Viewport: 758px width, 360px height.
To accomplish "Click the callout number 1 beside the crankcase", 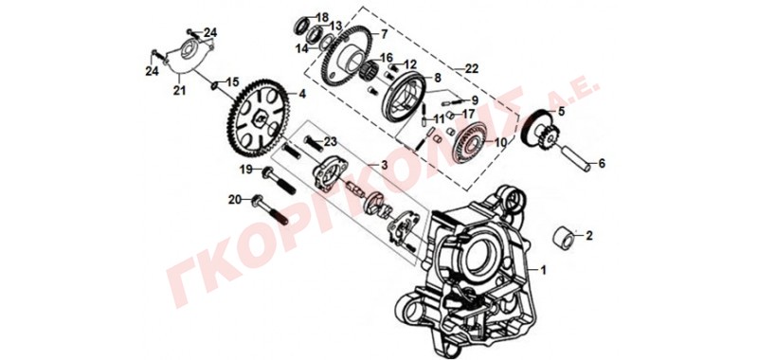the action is (543, 270).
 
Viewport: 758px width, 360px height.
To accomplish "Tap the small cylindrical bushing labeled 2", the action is (564, 237).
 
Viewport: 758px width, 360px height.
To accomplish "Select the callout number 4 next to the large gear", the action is (302, 94).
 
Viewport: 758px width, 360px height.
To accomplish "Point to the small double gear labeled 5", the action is (539, 131).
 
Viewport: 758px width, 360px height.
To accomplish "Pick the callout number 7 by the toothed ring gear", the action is (384, 34).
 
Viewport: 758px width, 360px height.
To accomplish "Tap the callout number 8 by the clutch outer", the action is (438, 78).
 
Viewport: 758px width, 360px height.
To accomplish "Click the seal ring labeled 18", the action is (303, 26).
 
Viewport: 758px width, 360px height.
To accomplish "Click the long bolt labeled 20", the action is (270, 209).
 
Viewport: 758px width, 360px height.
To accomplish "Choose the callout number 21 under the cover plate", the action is (179, 90).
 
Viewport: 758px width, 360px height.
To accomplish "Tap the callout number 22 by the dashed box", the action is (472, 68).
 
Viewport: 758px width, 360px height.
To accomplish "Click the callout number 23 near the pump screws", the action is (330, 142).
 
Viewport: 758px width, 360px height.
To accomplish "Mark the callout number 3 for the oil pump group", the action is (384, 165).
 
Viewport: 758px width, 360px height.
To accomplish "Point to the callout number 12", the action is (410, 63).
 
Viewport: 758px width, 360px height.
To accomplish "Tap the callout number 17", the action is (469, 115).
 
